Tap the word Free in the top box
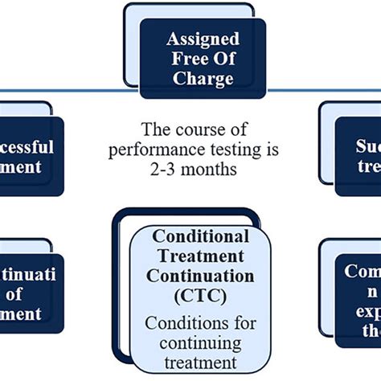point(183,59)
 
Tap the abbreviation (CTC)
point(199,295)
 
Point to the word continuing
point(199,343)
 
